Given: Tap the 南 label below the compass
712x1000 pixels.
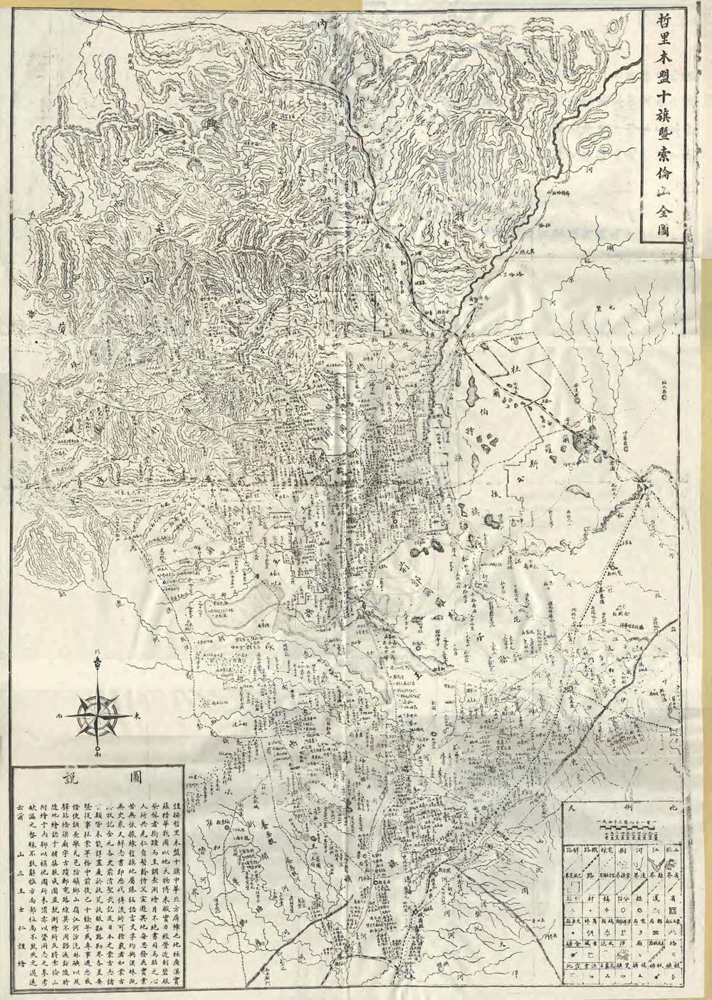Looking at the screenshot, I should click(98, 752).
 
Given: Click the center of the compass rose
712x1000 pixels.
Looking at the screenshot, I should click(98, 713).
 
